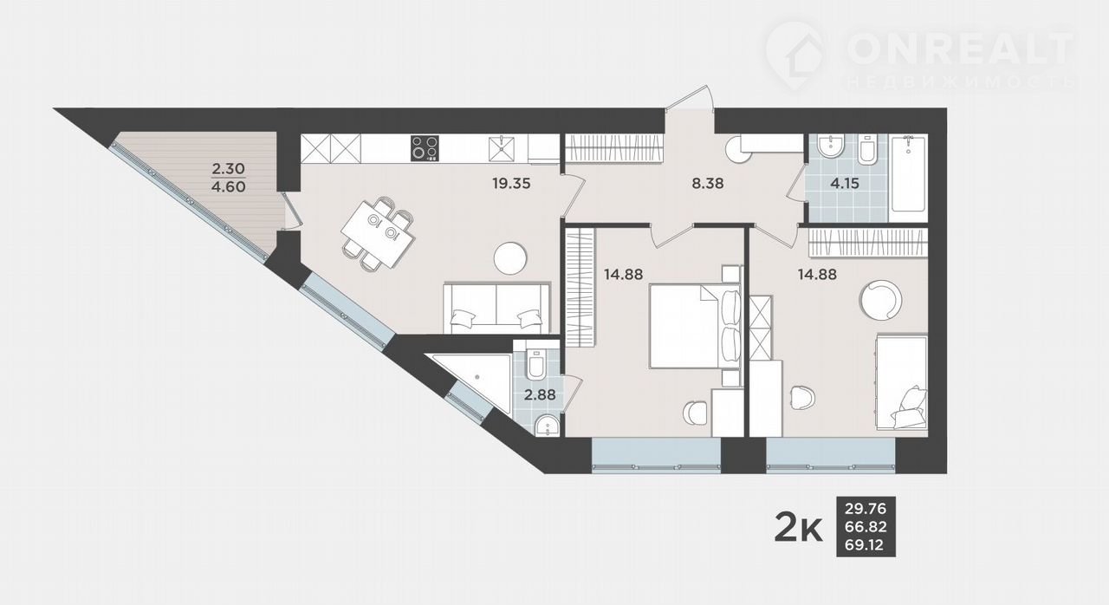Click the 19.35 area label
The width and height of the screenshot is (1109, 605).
click(x=511, y=184)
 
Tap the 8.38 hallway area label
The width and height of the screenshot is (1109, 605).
click(x=708, y=184)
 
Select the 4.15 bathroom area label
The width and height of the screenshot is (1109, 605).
click(x=845, y=184)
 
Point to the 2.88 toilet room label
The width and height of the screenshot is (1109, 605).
click(x=540, y=395)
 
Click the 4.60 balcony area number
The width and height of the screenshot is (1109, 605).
click(x=228, y=187)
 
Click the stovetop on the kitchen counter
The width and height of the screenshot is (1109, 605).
click(x=425, y=148)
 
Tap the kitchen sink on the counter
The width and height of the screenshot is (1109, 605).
click(x=502, y=148)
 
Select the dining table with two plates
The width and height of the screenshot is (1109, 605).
click(x=379, y=234)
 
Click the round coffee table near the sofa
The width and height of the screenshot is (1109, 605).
click(x=510, y=257)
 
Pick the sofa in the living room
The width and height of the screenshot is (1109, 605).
click(x=496, y=308)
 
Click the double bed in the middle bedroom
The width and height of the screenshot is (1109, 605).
click(x=695, y=326)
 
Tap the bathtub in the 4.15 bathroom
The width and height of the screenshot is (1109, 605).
click(x=907, y=179)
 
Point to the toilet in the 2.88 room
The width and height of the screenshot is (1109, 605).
click(x=535, y=364)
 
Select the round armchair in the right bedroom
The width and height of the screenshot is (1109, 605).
click(x=881, y=300)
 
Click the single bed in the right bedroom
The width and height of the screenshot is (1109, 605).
click(x=902, y=382)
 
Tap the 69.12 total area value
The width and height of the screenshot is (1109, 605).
click(x=865, y=545)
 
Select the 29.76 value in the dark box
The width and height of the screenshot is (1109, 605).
click(x=866, y=509)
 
